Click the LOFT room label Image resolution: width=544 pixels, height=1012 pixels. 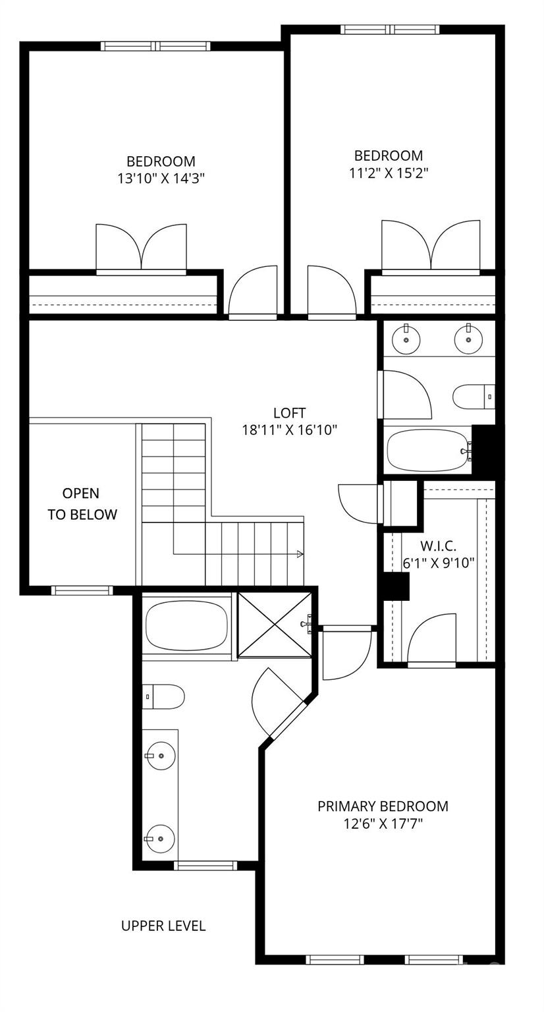(x=289, y=413)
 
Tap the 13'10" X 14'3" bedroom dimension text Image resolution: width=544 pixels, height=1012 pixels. (x=161, y=178)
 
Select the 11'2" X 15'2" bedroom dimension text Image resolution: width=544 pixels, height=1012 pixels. (x=388, y=173)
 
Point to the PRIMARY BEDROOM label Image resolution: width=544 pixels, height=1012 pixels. (x=383, y=806)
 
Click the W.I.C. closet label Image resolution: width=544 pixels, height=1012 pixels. (x=438, y=546)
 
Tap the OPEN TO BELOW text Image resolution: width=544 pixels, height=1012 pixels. (x=82, y=504)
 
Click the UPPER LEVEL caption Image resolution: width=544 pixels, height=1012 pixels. (x=163, y=926)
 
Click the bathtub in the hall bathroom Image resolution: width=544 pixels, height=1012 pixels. (x=427, y=450)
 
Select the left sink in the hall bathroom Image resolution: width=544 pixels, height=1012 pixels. (x=406, y=339)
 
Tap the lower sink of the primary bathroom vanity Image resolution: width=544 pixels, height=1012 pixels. (x=160, y=839)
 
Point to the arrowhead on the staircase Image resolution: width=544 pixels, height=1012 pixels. (x=300, y=554)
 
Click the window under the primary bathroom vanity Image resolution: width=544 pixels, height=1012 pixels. (x=205, y=865)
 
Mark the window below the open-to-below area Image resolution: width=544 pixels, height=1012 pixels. (x=82, y=590)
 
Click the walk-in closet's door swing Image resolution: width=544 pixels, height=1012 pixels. (x=434, y=636)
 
